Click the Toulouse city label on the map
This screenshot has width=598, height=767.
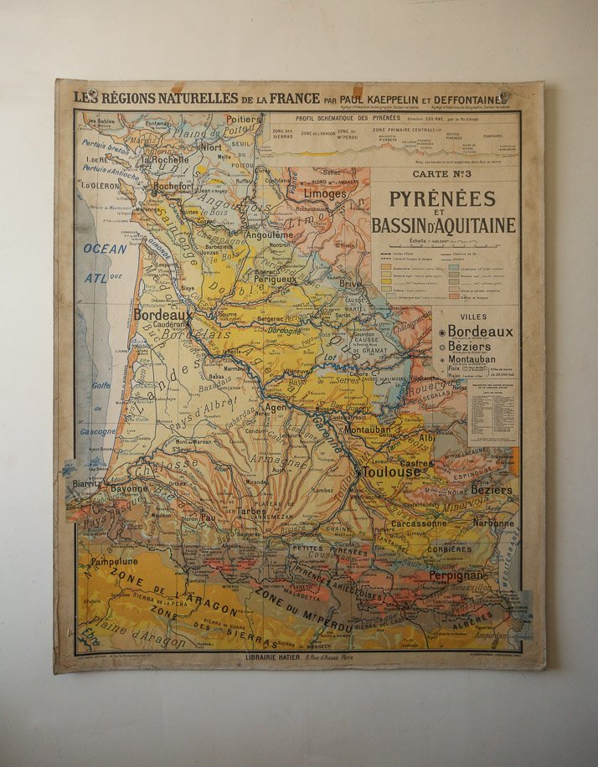point(392,472)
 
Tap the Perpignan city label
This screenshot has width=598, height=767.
point(456,576)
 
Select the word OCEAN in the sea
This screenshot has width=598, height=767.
point(105,249)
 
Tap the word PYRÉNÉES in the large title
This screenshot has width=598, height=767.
point(442,199)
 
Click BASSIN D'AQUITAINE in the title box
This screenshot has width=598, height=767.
point(444,225)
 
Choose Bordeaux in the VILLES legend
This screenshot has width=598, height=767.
point(480,332)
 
